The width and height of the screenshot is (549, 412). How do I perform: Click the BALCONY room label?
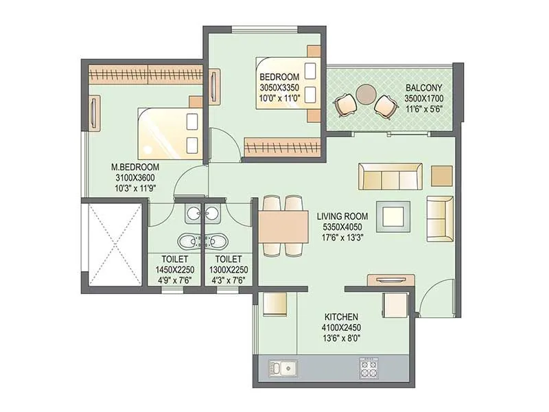click(423, 88)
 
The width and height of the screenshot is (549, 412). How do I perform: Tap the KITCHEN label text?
click(340, 317)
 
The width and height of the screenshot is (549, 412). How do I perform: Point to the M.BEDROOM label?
click(135, 167)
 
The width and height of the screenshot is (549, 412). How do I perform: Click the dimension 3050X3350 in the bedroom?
click(279, 88)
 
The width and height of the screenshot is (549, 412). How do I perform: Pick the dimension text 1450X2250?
click(171, 270)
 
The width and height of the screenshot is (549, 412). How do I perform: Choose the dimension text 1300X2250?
click(228, 270)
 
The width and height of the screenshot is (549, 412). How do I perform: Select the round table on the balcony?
click(366, 93)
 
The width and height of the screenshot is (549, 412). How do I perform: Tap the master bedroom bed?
click(169, 133)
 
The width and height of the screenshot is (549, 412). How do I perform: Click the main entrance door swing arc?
click(431, 297)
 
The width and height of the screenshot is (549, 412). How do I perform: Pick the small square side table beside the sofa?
click(441, 175)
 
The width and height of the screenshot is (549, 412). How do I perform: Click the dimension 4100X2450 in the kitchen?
click(340, 328)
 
